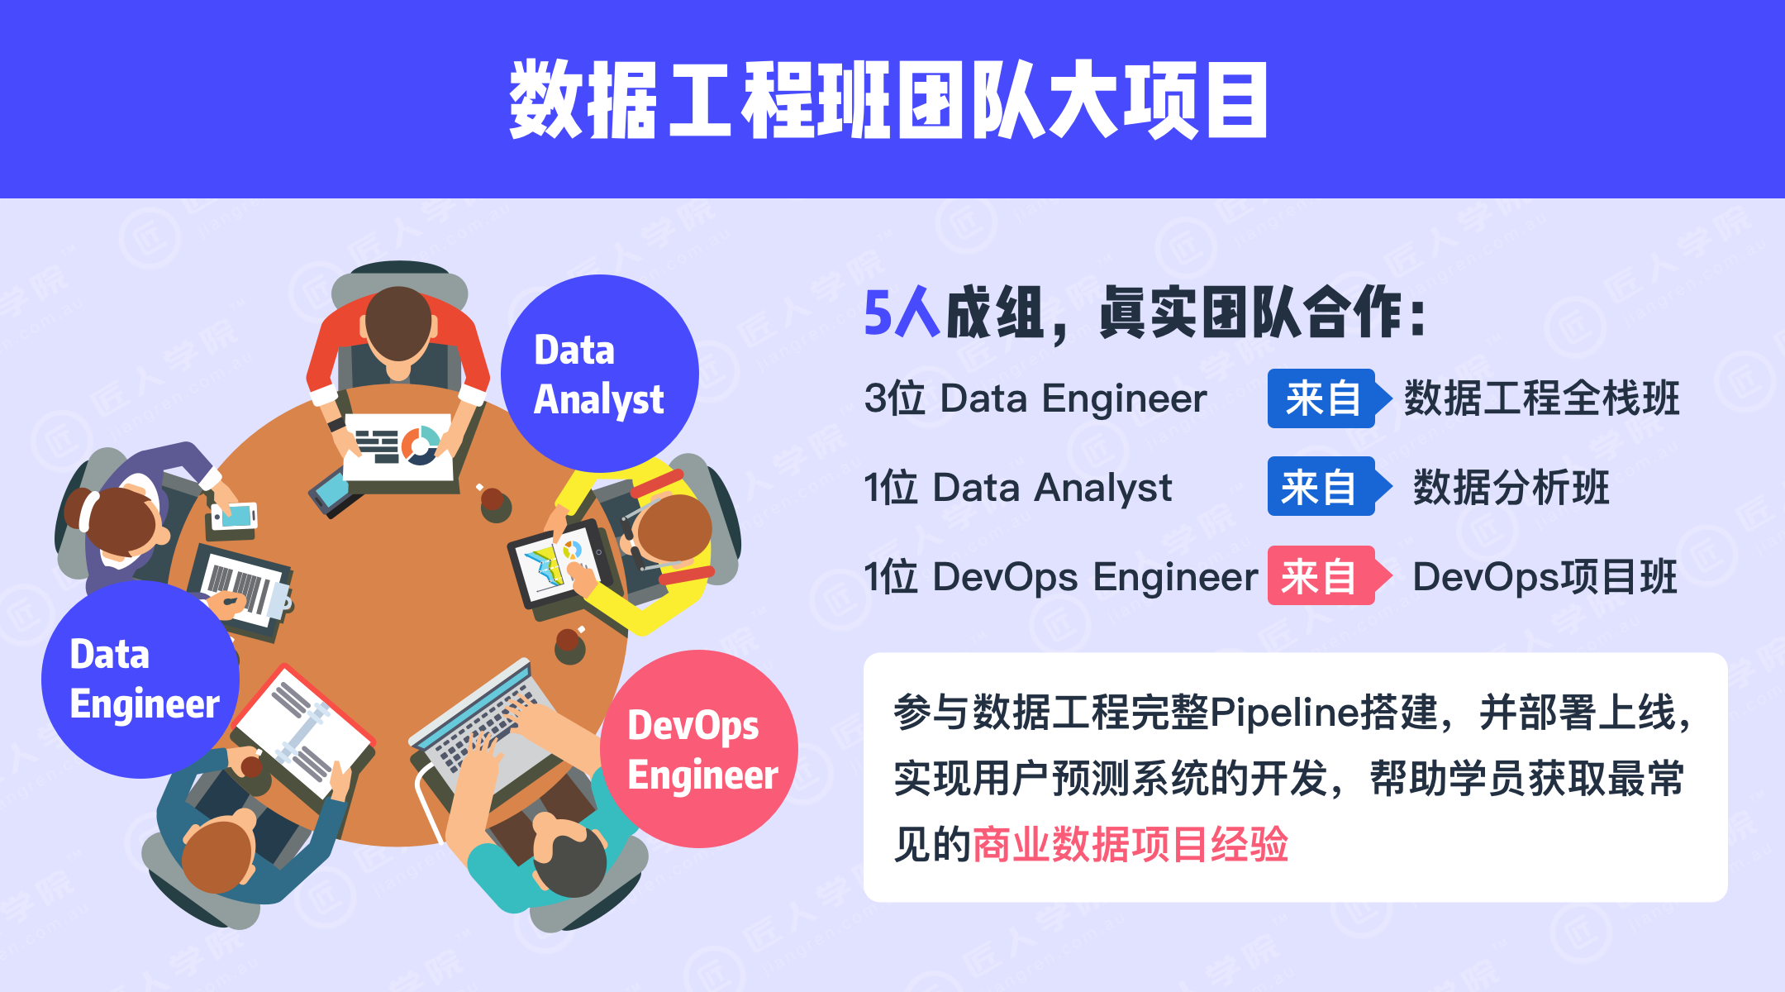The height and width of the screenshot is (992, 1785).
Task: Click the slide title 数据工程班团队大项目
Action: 888,99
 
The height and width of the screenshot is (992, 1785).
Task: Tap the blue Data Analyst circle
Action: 600,374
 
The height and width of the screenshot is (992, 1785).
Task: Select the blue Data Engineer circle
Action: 140,679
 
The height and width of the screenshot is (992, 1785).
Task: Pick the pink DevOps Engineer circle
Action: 699,749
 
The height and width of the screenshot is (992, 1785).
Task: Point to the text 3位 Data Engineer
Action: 1035,398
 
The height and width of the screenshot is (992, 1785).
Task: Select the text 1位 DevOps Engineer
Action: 1061,576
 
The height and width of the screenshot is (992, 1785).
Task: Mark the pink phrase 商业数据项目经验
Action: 1130,844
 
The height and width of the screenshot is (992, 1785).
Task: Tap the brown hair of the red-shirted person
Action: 399,322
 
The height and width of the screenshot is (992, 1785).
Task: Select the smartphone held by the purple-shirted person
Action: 235,516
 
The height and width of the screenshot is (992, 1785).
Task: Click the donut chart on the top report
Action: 421,445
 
